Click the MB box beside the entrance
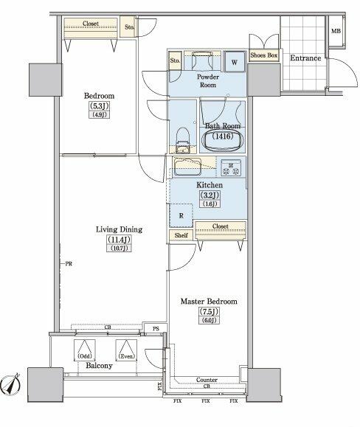point(336,32)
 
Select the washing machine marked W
point(233,62)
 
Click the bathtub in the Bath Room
point(221,137)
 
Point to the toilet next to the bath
point(183,136)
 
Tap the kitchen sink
point(189,165)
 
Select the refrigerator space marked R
point(181,215)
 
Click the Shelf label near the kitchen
point(181,235)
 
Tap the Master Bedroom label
point(210,302)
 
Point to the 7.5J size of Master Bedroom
point(210,311)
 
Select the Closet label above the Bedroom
point(91,24)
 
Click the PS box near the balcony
point(156,329)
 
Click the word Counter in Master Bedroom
point(207,381)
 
